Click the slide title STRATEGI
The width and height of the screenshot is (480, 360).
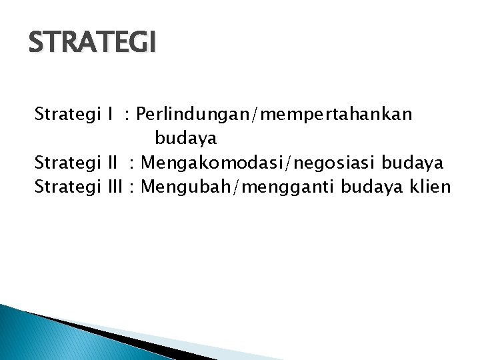[93, 43]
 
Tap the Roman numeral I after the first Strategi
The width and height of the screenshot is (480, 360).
[109, 115]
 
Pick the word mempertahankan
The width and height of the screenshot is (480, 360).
[337, 115]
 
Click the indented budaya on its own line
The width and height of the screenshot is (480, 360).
[185, 139]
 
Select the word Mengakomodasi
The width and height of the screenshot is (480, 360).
[208, 163]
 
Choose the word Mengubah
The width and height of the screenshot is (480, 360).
[186, 187]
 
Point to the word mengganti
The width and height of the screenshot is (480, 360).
[285, 187]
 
